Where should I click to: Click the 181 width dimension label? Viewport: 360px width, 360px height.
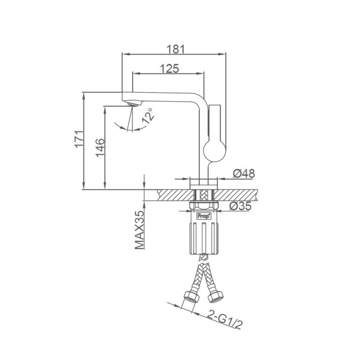tap(176, 49)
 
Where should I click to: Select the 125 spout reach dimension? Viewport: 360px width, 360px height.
tap(169, 68)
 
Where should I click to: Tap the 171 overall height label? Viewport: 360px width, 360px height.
tap(79, 139)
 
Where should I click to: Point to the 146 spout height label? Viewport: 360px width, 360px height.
tap(100, 148)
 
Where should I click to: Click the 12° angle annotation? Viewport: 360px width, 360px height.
tap(148, 116)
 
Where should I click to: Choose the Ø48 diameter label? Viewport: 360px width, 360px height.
tap(244, 173)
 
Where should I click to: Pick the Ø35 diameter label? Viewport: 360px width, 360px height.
tap(240, 206)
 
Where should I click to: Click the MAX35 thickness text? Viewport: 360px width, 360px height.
tap(140, 230)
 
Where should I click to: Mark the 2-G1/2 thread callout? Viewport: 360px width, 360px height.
tap(225, 319)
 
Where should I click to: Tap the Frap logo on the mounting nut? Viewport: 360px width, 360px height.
tap(204, 216)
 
